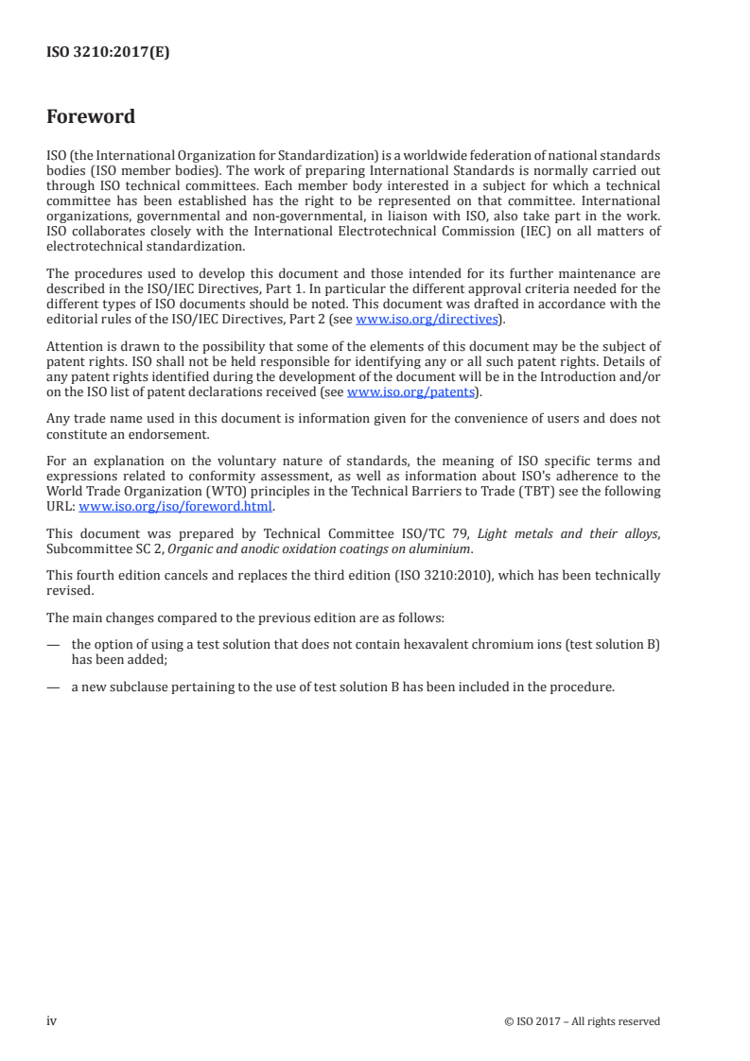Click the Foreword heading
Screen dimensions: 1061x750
pos(91,117)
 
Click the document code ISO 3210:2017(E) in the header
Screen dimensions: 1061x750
pos(108,53)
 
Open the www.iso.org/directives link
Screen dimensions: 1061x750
pos(426,319)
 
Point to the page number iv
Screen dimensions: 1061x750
pos(51,1020)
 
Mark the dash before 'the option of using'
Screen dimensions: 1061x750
pos(53,645)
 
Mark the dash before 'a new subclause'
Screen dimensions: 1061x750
pos(53,687)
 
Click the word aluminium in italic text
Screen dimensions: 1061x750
pos(406,548)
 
